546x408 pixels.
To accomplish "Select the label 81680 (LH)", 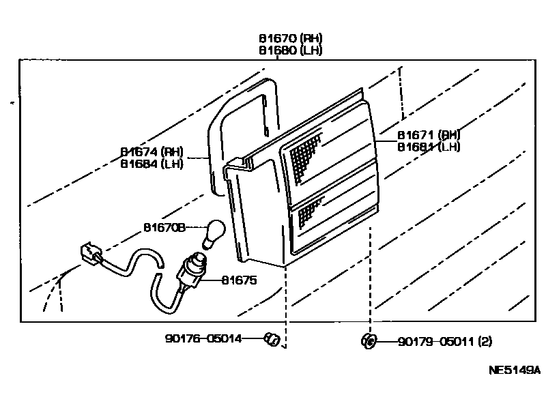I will tap(290, 50).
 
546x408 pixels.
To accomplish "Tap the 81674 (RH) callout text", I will tap(152, 152).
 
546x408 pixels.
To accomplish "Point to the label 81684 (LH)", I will tap(152, 164).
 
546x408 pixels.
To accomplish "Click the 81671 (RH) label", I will tap(429, 135).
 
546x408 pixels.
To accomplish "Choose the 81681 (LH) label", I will tap(429, 146).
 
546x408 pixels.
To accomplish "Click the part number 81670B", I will tap(164, 227).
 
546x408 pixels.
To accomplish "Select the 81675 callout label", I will tap(238, 280).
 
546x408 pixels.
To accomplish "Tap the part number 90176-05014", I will tap(203, 338).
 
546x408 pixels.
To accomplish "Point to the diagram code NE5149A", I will tap(514, 370).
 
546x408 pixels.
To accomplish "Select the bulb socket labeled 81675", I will tap(193, 268).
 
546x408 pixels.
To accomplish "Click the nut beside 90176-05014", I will tap(272, 338).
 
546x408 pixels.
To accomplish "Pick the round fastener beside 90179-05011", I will tap(369, 340).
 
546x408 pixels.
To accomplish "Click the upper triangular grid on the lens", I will tap(303, 157).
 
